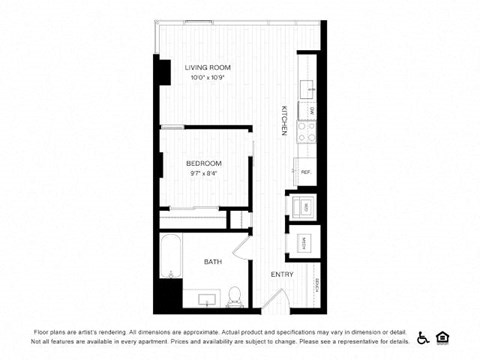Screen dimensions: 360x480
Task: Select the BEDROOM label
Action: pyautogui.click(x=203, y=163)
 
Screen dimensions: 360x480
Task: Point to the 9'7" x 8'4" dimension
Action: pyautogui.click(x=203, y=173)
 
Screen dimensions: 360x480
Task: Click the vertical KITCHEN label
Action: pyautogui.click(x=284, y=120)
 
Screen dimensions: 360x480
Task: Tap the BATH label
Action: pyautogui.click(x=213, y=262)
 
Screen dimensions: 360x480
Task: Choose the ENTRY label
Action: pyautogui.click(x=281, y=274)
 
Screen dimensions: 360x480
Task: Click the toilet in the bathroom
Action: pyautogui.click(x=234, y=296)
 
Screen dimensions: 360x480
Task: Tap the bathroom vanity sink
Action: pyautogui.click(x=208, y=299)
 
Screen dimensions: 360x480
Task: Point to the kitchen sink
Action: pyautogui.click(x=309, y=84)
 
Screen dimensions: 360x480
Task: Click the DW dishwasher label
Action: pyautogui.click(x=312, y=109)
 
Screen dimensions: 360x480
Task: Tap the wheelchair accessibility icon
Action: pyautogui.click(x=423, y=337)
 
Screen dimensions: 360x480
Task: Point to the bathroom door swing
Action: pyautogui.click(x=243, y=250)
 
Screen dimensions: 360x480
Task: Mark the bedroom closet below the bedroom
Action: pyautogui.click(x=194, y=218)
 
